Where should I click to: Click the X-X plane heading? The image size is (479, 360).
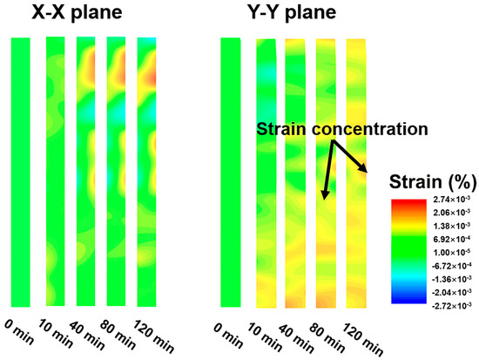(77, 12)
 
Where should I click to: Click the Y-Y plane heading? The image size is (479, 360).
(293, 12)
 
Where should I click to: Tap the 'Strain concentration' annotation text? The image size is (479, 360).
(342, 129)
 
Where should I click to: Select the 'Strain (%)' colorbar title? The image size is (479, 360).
(433, 181)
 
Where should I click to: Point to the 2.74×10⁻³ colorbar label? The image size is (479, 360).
(451, 200)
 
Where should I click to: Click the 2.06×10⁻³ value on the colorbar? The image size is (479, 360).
(451, 212)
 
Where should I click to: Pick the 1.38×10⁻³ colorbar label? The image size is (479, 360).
(451, 226)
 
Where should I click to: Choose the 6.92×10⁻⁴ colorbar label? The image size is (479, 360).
(451, 239)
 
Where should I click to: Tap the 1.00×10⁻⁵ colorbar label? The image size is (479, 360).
(451, 252)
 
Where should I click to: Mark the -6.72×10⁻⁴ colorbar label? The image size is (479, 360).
(451, 266)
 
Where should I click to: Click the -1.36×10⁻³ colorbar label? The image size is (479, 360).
(451, 279)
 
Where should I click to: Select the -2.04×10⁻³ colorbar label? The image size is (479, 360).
(451, 292)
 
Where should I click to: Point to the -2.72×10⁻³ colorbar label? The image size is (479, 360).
(451, 306)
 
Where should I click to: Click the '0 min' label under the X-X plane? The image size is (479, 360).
(19, 332)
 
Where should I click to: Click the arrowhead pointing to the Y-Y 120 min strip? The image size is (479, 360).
(363, 168)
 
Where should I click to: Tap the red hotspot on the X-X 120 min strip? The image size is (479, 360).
(152, 78)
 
